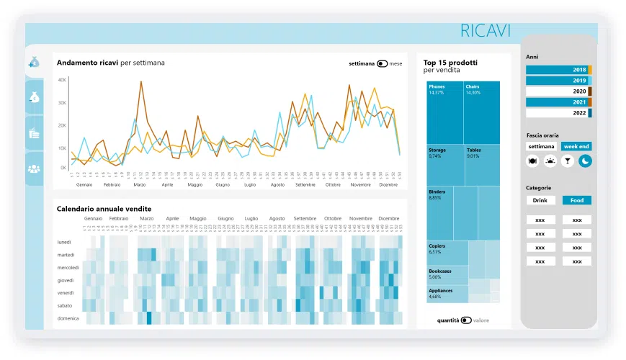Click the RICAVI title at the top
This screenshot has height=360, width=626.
[x=486, y=30]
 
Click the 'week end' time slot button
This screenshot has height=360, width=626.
[x=576, y=146]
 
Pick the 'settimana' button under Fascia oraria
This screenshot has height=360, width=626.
[x=541, y=146]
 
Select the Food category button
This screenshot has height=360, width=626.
[x=577, y=200]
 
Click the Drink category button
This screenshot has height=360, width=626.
[x=540, y=200]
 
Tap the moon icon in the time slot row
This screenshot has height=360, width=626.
[x=585, y=161]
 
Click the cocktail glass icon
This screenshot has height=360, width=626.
[x=568, y=161]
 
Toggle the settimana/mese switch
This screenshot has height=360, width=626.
[x=382, y=63]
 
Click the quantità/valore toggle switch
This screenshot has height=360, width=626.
[x=466, y=320]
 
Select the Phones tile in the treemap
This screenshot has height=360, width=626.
[x=444, y=112]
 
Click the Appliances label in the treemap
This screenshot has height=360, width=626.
[x=441, y=291]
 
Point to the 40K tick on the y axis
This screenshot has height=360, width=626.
[x=62, y=80]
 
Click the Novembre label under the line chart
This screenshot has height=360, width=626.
[x=360, y=185]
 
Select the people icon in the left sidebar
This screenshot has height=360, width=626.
[x=34, y=168]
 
